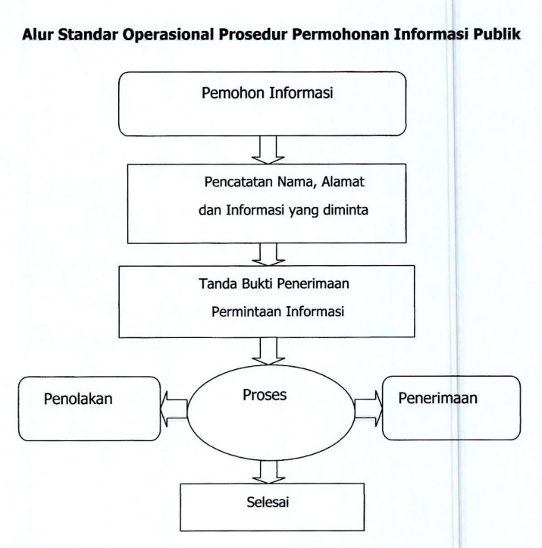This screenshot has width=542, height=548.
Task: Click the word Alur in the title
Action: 38,36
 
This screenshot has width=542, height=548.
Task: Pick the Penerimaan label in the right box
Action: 442,399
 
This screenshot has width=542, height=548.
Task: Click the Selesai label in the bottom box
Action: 265,501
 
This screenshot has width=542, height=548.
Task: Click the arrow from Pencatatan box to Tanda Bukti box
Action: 268,252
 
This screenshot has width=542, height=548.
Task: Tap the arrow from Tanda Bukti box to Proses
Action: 268,350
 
